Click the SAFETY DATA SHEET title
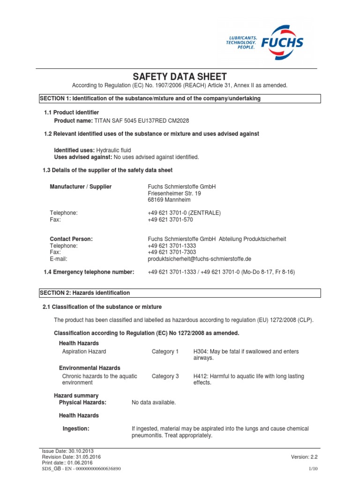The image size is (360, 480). (180, 77)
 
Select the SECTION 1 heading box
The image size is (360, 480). (180, 98)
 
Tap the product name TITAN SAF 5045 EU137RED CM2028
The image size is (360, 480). (136, 121)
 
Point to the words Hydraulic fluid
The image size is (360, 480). (113, 150)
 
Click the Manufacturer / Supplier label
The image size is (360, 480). (81, 187)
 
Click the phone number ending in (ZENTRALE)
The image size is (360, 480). (184, 213)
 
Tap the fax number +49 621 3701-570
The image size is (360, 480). (170, 219)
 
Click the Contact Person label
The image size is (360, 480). (71, 239)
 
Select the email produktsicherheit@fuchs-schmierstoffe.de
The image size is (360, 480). (199, 259)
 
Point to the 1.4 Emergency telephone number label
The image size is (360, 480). (89, 272)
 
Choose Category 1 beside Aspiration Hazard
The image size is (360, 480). (165, 352)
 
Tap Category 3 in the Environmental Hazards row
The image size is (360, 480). (165, 376)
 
